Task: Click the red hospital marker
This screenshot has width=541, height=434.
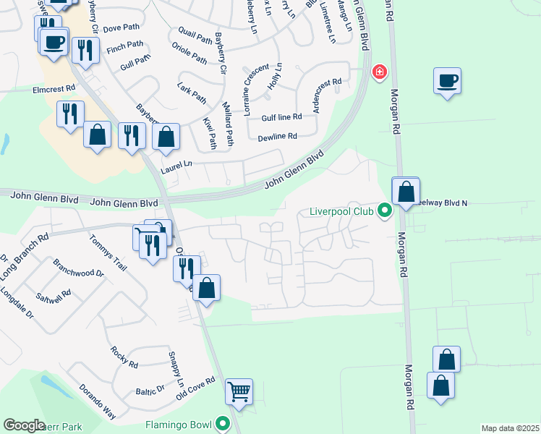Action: click(378, 72)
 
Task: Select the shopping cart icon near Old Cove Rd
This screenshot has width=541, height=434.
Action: click(239, 392)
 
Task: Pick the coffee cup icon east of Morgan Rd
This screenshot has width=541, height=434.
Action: click(448, 80)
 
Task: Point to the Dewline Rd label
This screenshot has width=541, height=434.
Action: click(277, 136)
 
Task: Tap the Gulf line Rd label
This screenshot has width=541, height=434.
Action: click(281, 116)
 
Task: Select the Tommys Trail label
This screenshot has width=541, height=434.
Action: click(108, 252)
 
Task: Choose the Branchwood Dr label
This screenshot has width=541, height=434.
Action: click(78, 274)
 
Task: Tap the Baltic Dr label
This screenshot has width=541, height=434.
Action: click(150, 391)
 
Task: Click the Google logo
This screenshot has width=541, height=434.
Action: click(24, 425)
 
